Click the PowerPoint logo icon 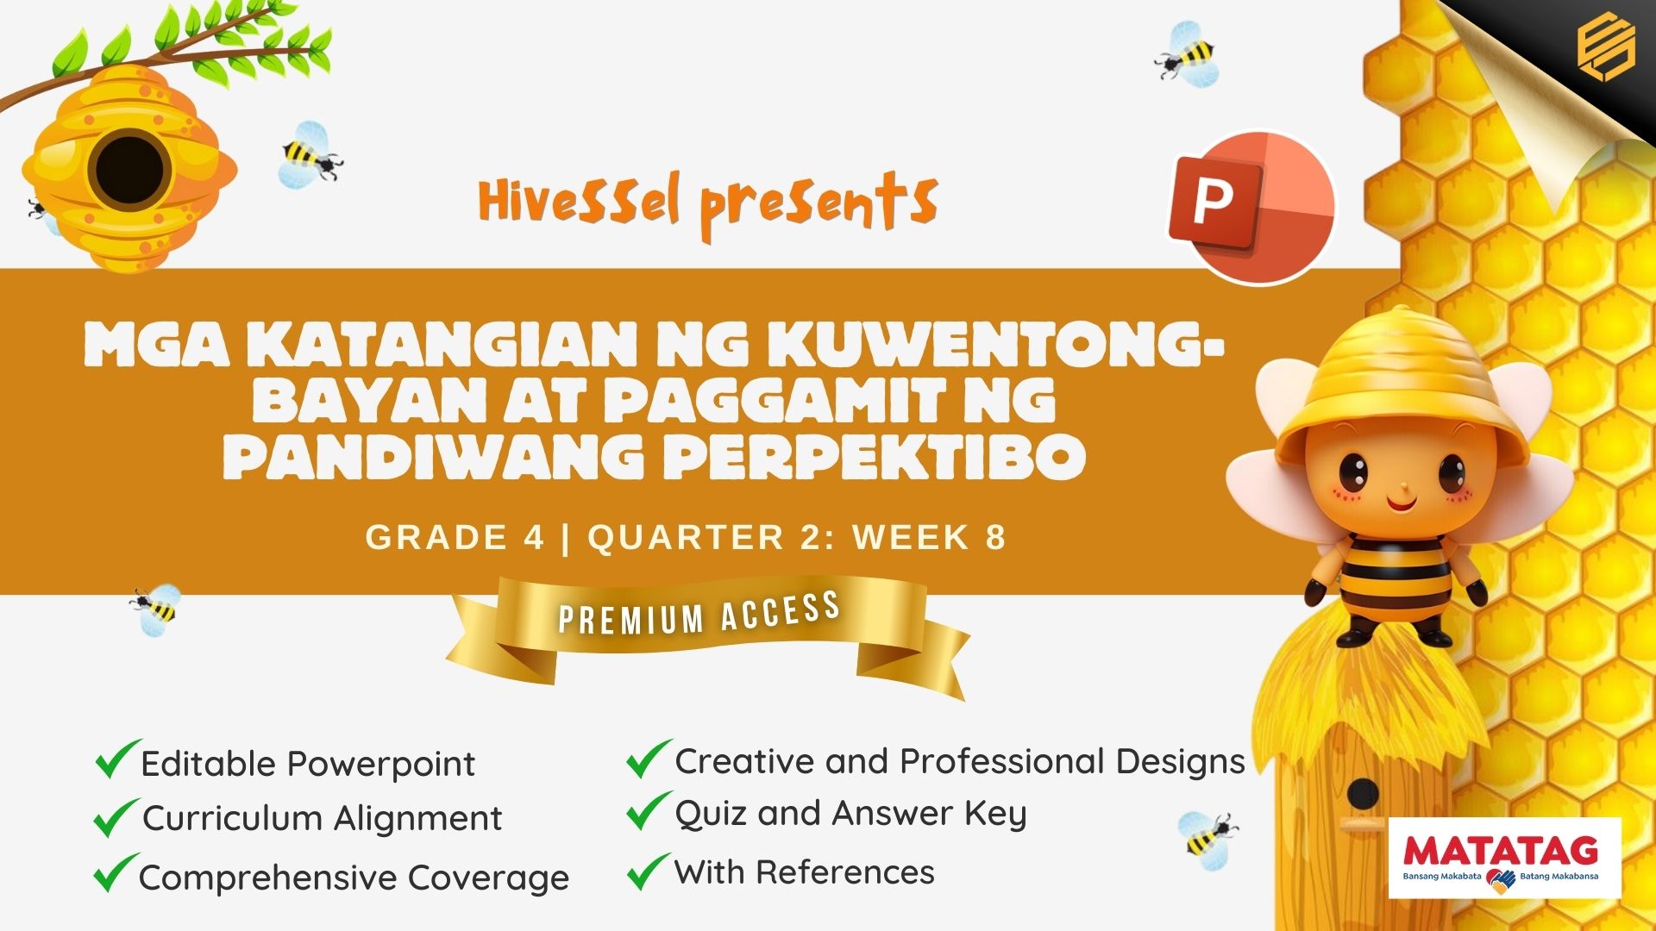[x=1251, y=207]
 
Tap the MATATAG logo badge [x=1505, y=858]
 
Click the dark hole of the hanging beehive [x=129, y=170]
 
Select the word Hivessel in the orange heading [x=580, y=200]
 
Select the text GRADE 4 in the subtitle [x=455, y=537]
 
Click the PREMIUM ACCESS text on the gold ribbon [x=699, y=613]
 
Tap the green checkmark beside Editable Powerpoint [x=118, y=759]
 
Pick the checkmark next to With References [x=649, y=871]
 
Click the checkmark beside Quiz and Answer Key [x=649, y=811]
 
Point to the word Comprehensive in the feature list [x=267, y=878]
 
